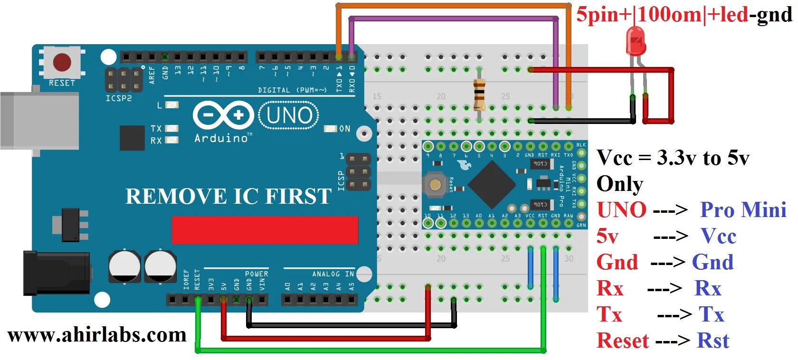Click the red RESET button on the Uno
click(x=62, y=62)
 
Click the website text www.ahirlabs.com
click(x=97, y=335)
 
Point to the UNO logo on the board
click(x=289, y=115)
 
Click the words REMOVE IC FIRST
click(x=228, y=196)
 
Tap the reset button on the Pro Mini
click(x=434, y=185)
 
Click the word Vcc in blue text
click(x=718, y=236)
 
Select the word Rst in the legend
click(x=712, y=341)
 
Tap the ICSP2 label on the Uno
click(x=118, y=98)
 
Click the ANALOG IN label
click(x=332, y=274)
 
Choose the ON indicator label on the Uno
click(x=344, y=129)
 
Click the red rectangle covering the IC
click(x=265, y=230)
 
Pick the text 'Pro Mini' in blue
click(x=743, y=210)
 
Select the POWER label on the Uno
click(x=256, y=274)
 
